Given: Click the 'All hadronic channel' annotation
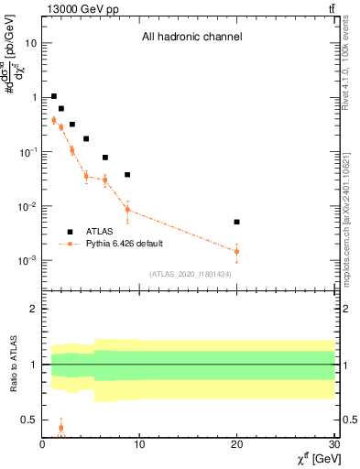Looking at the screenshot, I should coord(191,38).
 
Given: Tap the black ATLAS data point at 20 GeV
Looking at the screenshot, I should coord(236,222).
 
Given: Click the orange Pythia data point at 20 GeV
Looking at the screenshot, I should coord(236,251).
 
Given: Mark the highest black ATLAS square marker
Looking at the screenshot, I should coord(54,96).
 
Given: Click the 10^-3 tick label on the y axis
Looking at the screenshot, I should coord(27,261).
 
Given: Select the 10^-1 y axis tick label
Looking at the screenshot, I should coord(27,152).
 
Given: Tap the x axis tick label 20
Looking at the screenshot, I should coord(236,444).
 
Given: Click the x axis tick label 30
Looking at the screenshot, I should coord(333,444).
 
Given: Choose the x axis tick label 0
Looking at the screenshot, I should coord(43,444).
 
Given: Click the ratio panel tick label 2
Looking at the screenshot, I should coord(33,310).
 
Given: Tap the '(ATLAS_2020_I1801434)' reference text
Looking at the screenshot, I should coord(191,274).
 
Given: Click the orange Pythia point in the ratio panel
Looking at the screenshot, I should coord(60,428).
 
